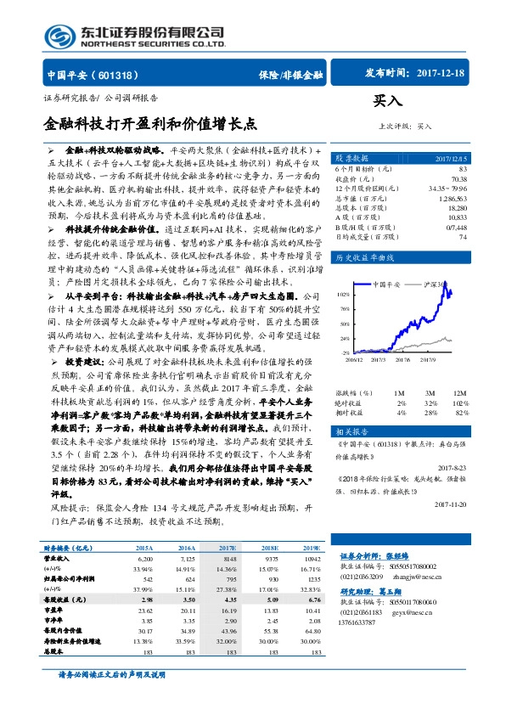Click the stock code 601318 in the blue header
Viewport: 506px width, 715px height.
[x=110, y=74]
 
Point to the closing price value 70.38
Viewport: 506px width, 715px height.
[x=458, y=179]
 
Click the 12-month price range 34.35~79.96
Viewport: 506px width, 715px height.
[x=447, y=188]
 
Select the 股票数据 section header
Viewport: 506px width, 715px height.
[x=351, y=158]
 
